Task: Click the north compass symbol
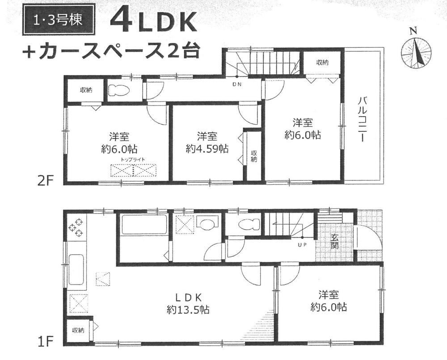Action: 416,51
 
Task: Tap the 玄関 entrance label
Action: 334,242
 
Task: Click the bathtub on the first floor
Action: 144,225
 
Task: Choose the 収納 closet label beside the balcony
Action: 323,62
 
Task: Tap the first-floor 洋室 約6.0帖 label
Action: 329,300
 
